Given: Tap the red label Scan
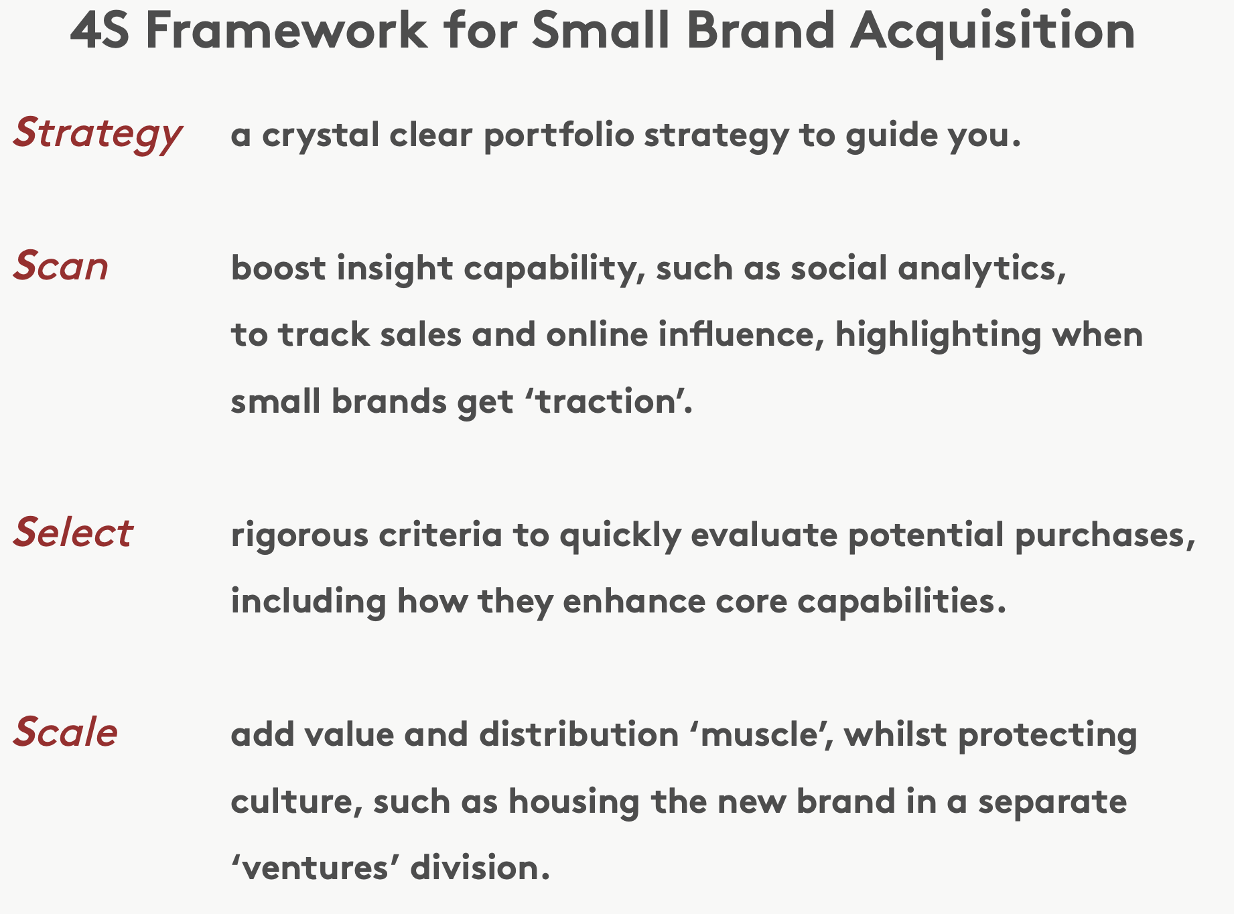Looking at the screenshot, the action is click(61, 266).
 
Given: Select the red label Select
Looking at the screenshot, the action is click(73, 533).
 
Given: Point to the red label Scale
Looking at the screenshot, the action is click(66, 732).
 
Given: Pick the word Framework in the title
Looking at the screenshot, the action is click(287, 31).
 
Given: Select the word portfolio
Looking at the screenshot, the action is click(559, 135).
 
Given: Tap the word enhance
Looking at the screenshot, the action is click(634, 601).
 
